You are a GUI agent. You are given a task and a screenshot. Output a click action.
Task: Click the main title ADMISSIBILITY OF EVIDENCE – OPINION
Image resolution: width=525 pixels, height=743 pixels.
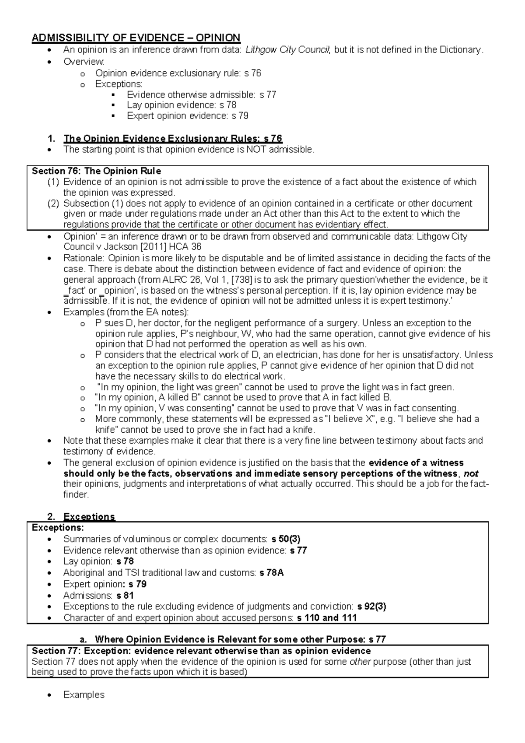click(136, 38)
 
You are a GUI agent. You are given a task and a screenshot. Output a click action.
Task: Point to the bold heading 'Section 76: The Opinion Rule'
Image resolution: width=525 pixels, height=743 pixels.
click(96, 171)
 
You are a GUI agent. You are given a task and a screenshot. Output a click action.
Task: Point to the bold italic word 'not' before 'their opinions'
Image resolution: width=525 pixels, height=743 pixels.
click(471, 474)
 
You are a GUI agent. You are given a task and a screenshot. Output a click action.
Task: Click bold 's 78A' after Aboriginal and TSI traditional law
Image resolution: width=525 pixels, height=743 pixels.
click(271, 573)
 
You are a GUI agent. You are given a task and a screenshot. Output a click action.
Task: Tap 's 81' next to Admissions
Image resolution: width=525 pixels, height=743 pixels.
click(125, 596)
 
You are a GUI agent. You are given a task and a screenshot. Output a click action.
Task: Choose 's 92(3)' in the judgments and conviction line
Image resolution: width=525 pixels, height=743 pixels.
click(371, 607)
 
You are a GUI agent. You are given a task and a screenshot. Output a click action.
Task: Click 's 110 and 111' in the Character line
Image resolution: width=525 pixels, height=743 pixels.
click(326, 618)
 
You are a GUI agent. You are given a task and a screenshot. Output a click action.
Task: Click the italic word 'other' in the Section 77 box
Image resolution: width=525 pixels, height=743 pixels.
click(360, 662)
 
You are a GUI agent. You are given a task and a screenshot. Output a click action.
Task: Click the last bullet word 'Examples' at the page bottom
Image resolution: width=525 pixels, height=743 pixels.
click(84, 695)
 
